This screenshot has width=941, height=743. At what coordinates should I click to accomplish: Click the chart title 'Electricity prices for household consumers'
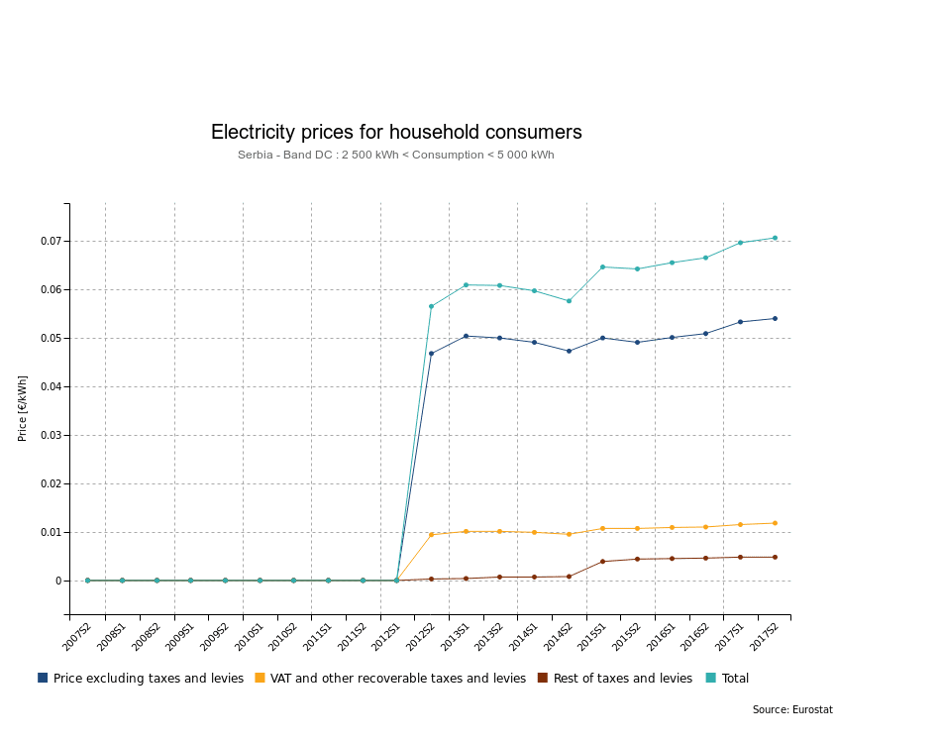[396, 132]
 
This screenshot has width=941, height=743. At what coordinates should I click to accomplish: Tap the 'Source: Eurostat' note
[798, 709]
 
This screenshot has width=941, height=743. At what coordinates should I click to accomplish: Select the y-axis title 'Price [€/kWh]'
[23, 408]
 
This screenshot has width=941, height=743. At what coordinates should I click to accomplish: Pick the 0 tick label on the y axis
[57, 582]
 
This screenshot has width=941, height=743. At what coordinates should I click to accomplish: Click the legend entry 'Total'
[736, 679]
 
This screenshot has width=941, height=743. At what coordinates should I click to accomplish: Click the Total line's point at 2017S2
[775, 238]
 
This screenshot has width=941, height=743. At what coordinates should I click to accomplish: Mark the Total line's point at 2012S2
[431, 306]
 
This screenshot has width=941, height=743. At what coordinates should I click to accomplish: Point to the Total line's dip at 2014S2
[569, 301]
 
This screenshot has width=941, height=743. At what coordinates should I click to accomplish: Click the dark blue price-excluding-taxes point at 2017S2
[775, 318]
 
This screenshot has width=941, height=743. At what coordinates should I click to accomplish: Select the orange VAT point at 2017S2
[775, 523]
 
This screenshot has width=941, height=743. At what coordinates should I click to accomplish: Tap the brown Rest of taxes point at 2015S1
[602, 562]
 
